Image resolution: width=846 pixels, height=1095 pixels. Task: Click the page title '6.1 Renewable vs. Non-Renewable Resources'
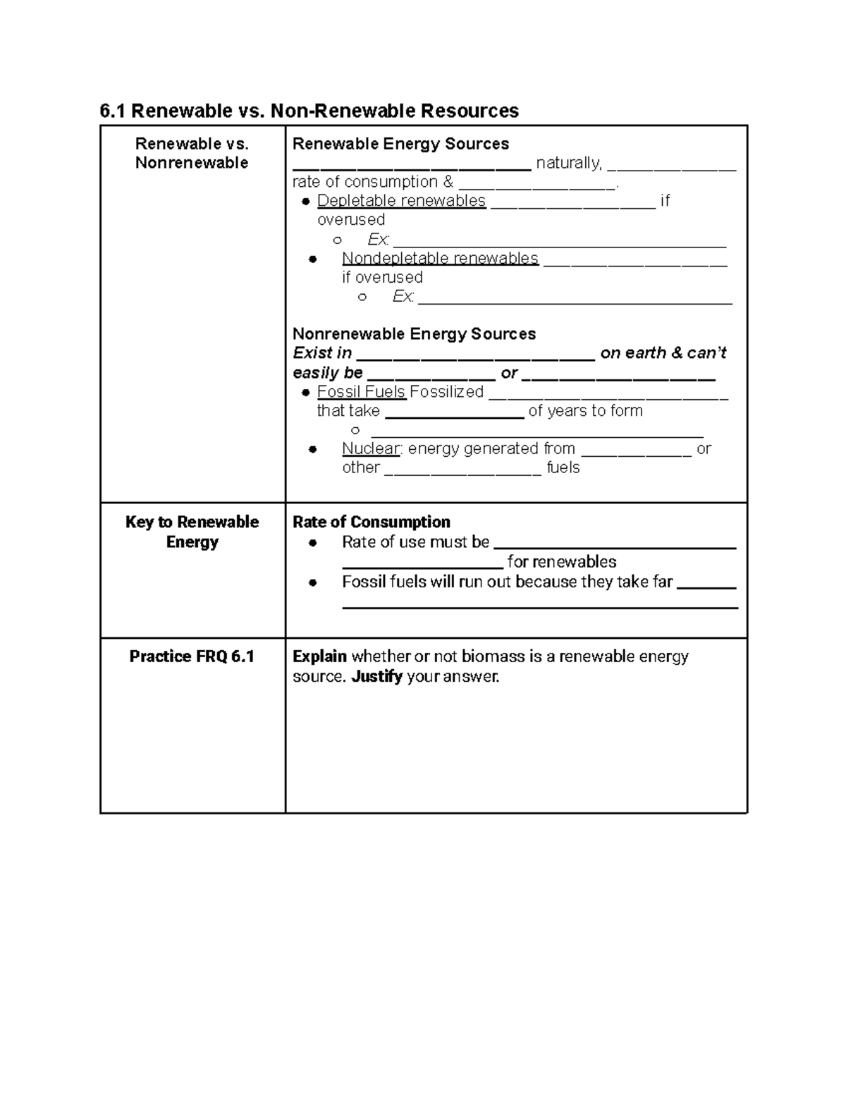(x=309, y=111)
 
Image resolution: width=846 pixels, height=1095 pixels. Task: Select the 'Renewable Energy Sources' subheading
(x=400, y=144)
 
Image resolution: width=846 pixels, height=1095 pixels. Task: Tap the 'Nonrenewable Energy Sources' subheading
(x=414, y=334)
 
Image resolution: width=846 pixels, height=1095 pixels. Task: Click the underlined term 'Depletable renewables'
(x=401, y=201)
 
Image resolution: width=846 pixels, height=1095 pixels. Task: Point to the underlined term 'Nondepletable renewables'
(x=440, y=258)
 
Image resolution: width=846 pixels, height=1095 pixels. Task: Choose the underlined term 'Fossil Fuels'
(x=361, y=392)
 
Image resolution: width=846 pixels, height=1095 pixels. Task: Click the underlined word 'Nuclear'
(x=371, y=448)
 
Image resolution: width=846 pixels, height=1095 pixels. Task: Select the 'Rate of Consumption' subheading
(x=371, y=522)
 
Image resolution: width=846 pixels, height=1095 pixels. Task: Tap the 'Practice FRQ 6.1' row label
(x=192, y=656)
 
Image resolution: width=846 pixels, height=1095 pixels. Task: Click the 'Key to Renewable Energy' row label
(x=192, y=532)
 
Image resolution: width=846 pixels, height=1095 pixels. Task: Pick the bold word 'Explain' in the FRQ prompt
(x=319, y=656)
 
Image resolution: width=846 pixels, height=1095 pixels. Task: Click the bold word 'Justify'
(x=376, y=677)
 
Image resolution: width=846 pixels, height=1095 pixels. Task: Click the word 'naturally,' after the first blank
(x=569, y=163)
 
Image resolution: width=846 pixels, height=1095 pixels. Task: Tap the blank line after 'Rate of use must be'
(x=615, y=544)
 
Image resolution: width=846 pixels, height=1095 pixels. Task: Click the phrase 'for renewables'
(x=561, y=562)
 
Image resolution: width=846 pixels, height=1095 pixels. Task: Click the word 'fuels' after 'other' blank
(x=563, y=467)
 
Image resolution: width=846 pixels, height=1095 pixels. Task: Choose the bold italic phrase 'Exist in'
(x=322, y=353)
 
